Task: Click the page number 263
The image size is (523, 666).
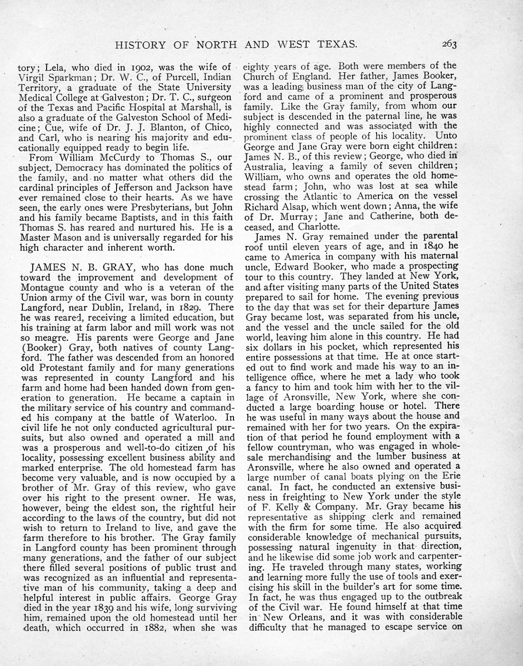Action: click(449, 45)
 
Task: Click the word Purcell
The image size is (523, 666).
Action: click(171, 77)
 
